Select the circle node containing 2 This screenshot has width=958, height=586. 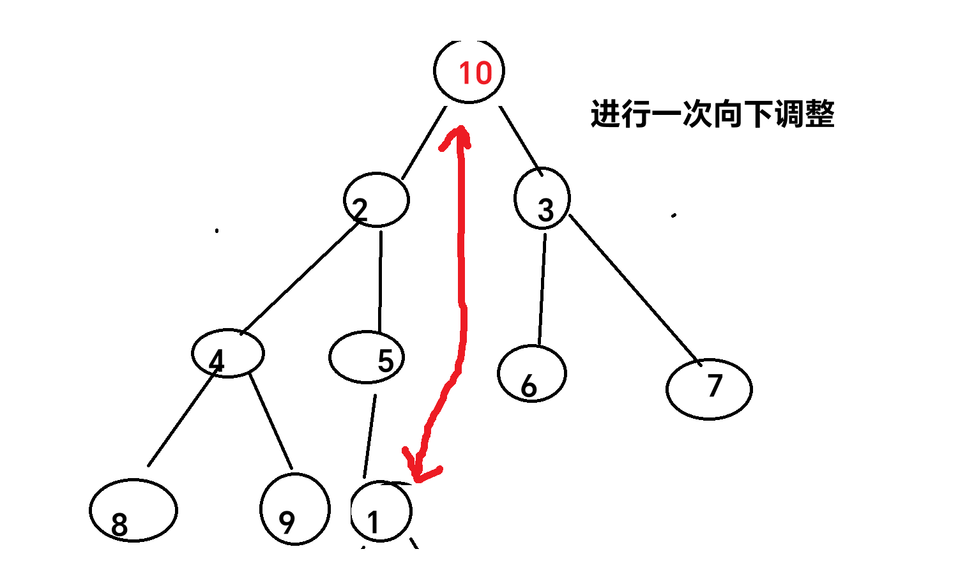coord(376,200)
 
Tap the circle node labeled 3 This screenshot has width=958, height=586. coord(542,199)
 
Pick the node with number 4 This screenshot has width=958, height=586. coord(227,353)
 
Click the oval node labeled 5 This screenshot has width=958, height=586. coord(367,357)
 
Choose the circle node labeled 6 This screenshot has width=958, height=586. coord(531,374)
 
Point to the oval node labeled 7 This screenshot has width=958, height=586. coord(709,389)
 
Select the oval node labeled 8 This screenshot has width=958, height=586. coord(133,510)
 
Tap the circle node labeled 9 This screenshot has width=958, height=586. coord(295,509)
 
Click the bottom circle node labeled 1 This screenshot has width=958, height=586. coord(381,512)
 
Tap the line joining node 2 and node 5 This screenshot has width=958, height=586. coord(380,281)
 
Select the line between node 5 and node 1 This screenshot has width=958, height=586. coord(370,437)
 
